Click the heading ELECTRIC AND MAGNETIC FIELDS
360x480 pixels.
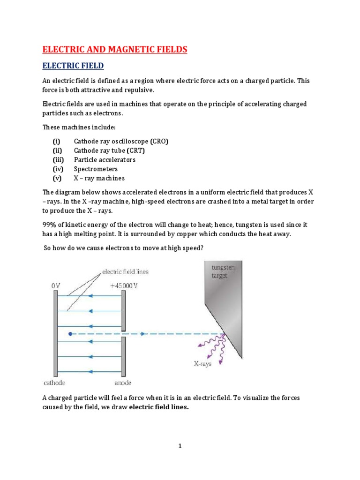115,50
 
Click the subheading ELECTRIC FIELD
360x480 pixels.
73,66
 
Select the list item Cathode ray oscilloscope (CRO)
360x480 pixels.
120,141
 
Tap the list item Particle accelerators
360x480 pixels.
105,160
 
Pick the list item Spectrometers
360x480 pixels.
96,169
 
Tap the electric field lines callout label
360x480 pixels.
126,271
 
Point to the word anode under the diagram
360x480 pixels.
124,382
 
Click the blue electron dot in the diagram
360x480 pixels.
70,334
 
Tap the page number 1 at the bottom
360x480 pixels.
180,446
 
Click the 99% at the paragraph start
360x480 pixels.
50,225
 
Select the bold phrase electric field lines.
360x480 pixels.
158,407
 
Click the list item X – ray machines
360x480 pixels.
99,179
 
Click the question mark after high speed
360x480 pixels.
202,248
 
